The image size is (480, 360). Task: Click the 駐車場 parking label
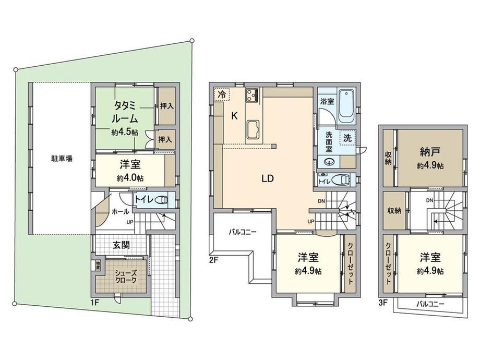click(62, 159)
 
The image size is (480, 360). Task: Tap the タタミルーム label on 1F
click(125, 112)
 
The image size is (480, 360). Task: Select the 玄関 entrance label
click(122, 245)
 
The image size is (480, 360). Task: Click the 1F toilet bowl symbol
click(162, 200)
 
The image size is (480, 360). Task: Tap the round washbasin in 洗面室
click(330, 161)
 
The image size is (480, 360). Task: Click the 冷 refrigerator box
click(222, 94)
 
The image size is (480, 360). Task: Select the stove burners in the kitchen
click(252, 94)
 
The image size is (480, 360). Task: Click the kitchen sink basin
click(253, 128)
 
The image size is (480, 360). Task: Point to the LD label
click(267, 178)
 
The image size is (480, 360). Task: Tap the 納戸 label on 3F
click(430, 151)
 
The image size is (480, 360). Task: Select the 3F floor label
click(383, 303)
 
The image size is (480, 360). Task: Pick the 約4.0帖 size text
click(130, 178)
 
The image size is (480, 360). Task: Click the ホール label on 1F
click(120, 211)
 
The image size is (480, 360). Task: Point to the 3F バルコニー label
click(430, 304)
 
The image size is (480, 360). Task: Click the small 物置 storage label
click(98, 265)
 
